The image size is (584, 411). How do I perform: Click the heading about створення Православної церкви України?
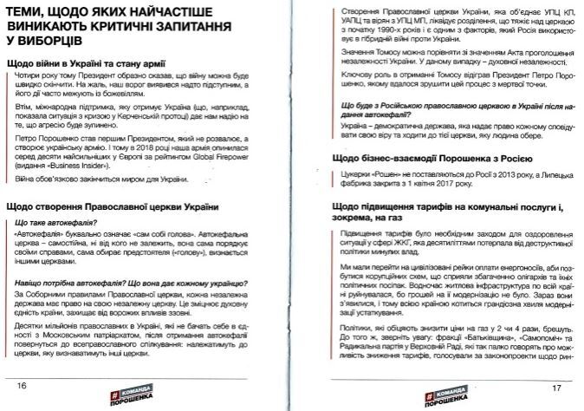(111, 208)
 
